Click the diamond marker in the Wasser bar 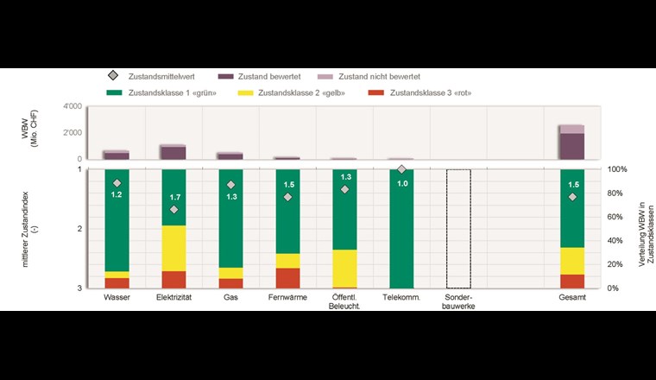coord(117,184)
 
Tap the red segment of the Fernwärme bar coord(287,277)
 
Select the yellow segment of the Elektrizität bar coord(173,248)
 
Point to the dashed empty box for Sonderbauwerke coord(458,229)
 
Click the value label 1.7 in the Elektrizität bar coord(174,198)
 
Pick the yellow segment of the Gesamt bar coord(572,261)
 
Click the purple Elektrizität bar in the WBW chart coord(173,153)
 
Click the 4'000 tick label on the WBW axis coord(72,107)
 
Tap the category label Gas coord(230,297)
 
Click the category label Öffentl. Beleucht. coord(345,301)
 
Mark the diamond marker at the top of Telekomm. coord(401,170)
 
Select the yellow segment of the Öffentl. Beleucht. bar coord(344,268)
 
